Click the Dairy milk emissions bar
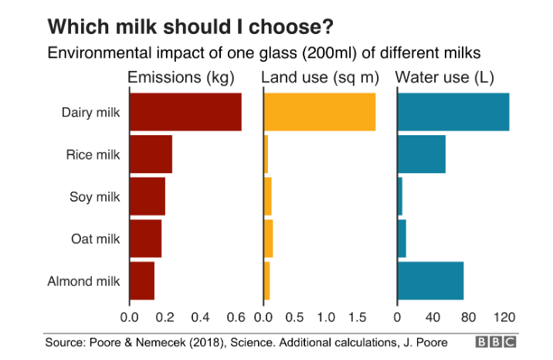185,112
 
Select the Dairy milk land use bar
320,112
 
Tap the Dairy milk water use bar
453,112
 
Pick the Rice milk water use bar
422,155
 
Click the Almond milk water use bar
430,280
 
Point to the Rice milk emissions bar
151,155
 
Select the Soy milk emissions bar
148,196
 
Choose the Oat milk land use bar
269,239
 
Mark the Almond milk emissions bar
142,280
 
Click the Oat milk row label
95,239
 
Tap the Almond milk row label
83,280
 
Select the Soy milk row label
94,196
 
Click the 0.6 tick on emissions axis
236,317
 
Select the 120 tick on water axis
504,317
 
